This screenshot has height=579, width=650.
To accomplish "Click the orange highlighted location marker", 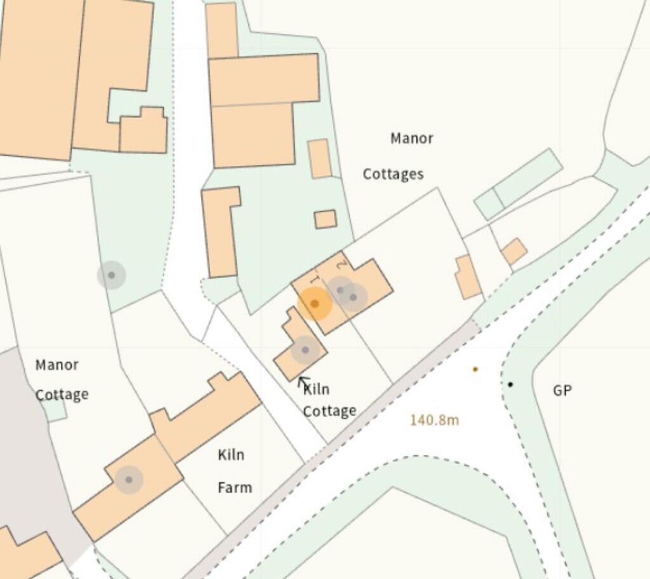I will (314, 303).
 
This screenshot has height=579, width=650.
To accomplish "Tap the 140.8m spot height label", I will (434, 420).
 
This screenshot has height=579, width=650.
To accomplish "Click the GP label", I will (562, 390).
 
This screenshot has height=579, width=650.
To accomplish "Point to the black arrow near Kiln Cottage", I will (303, 383).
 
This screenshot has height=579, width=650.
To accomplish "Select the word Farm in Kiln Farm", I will (235, 487).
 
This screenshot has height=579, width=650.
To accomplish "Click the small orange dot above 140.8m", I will (475, 369).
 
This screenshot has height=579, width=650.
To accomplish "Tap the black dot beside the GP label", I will (510, 384).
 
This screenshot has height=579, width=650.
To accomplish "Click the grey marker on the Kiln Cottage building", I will (305, 350).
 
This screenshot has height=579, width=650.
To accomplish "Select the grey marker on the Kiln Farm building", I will (129, 480).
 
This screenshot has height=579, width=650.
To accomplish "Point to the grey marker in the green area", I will (111, 275).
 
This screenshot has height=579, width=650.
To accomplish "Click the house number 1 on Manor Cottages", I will (314, 280).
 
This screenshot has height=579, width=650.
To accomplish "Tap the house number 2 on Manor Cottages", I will (342, 263).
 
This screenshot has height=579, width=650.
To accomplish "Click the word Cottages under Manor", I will (393, 174).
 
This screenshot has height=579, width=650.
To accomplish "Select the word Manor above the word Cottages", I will (411, 138).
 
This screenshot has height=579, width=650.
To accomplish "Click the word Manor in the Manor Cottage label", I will (57, 365).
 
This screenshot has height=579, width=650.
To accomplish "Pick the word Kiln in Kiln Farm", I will (231, 455).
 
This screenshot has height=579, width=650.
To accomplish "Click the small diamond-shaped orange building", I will (514, 252).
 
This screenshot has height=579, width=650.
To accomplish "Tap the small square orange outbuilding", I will (325, 219).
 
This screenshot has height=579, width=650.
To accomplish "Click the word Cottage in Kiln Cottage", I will (329, 411).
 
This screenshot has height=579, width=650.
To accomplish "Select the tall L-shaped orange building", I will (220, 232).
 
